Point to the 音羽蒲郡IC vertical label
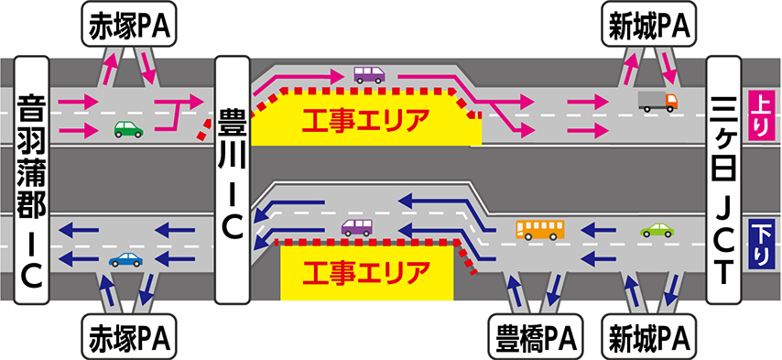click(32, 180)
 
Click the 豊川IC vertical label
click(232, 180)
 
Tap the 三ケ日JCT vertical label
click(723, 180)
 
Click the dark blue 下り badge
click(758, 243)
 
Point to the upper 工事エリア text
click(365, 120)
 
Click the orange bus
click(540, 230)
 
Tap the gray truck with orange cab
click(657, 101)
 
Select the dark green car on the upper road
click(129, 130)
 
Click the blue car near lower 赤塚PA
click(125, 260)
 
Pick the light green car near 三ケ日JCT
click(657, 230)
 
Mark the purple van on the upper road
click(370, 75)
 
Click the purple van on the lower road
click(356, 228)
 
